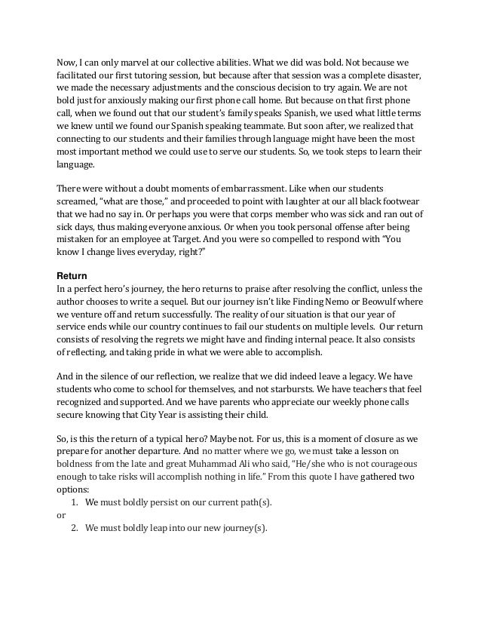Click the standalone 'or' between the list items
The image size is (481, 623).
coord(61,515)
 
